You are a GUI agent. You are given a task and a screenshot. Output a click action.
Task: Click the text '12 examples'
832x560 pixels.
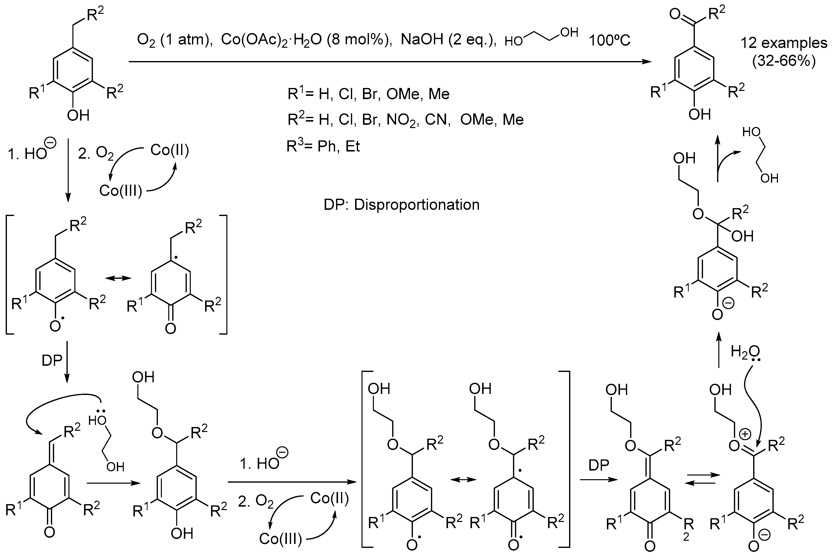click(784, 43)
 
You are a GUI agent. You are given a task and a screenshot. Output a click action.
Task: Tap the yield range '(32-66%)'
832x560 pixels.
click(784, 62)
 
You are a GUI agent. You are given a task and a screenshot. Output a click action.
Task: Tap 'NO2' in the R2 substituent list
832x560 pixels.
click(401, 120)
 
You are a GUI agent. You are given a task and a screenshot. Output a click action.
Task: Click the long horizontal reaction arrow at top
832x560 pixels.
click(389, 62)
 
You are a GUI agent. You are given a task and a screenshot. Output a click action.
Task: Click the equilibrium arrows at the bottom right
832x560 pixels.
click(702, 479)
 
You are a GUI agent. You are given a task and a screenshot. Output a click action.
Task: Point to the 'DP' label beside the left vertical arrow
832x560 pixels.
click(52, 361)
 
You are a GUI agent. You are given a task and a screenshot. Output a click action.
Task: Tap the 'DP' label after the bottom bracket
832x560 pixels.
click(599, 465)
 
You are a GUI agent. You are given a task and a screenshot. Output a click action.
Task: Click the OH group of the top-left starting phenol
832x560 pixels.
click(78, 115)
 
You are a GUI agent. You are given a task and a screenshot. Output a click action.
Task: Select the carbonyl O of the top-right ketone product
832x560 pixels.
click(675, 15)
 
